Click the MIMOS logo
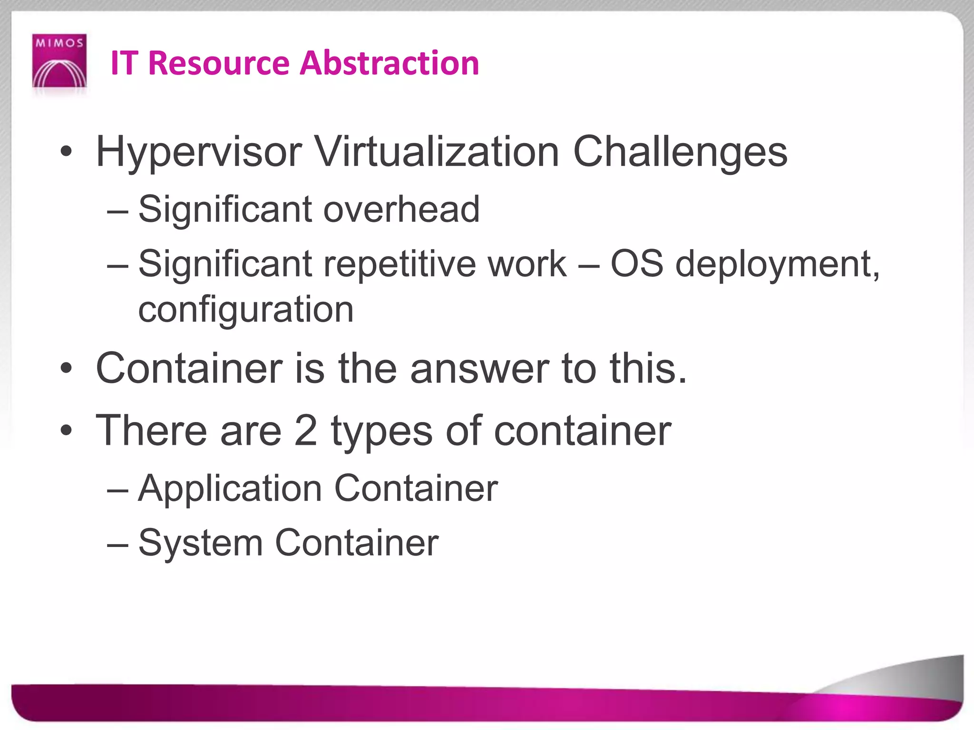[x=59, y=61]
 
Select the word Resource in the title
[x=219, y=63]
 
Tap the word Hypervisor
[x=199, y=153]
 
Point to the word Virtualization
[x=437, y=152]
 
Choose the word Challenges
[x=680, y=153]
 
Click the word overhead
[x=401, y=209]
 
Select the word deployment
[x=777, y=265]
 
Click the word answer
[x=479, y=369]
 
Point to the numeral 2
[x=305, y=431]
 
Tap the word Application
[x=230, y=489]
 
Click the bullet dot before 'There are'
[x=66, y=431]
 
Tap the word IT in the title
[x=124, y=63]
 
